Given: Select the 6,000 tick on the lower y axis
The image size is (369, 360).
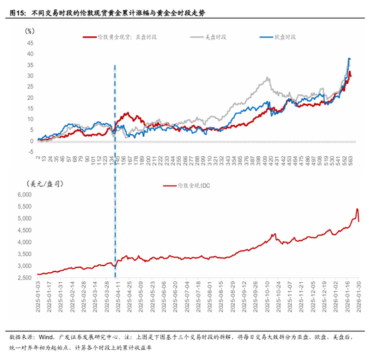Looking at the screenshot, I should [x=24, y=194].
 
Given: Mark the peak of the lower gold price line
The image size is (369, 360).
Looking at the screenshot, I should [x=357, y=208].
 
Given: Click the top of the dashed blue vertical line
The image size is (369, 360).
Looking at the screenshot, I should [x=115, y=66].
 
